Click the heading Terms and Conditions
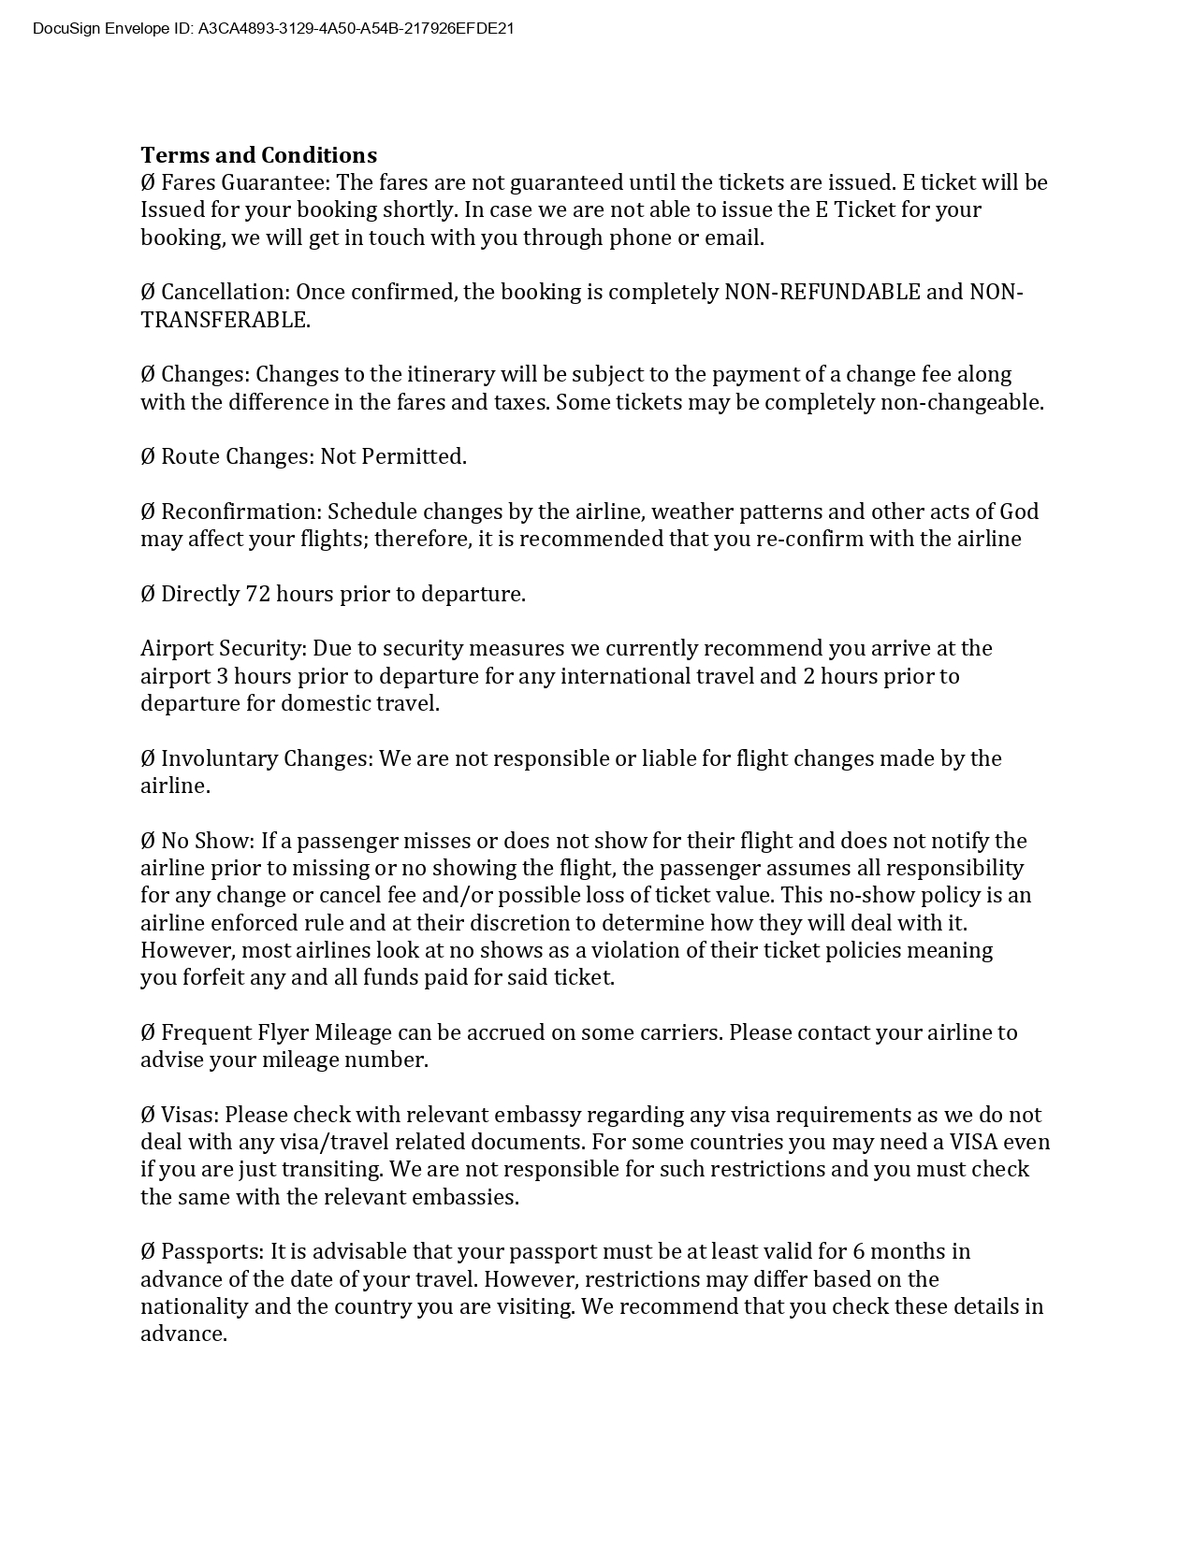click(x=258, y=155)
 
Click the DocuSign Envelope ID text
click(x=273, y=29)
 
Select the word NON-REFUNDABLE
click(x=822, y=292)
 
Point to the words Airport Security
click(x=223, y=648)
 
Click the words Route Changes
click(x=237, y=456)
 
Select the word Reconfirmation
click(x=240, y=512)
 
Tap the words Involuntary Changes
click(x=266, y=758)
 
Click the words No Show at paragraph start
click(x=206, y=841)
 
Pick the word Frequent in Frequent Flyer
click(x=206, y=1032)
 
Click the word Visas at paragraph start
click(x=189, y=1115)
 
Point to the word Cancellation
click(x=225, y=292)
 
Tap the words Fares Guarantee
click(x=245, y=182)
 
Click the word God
click(x=1019, y=512)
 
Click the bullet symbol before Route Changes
click(x=148, y=456)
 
